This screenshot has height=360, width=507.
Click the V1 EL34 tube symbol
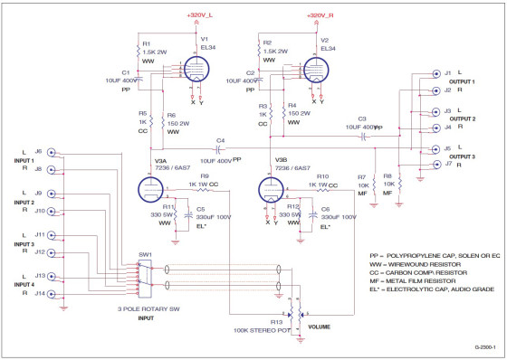[199, 68]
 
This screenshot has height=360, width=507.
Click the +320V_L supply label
[200, 15]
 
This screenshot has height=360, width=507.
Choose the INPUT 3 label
[23, 244]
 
